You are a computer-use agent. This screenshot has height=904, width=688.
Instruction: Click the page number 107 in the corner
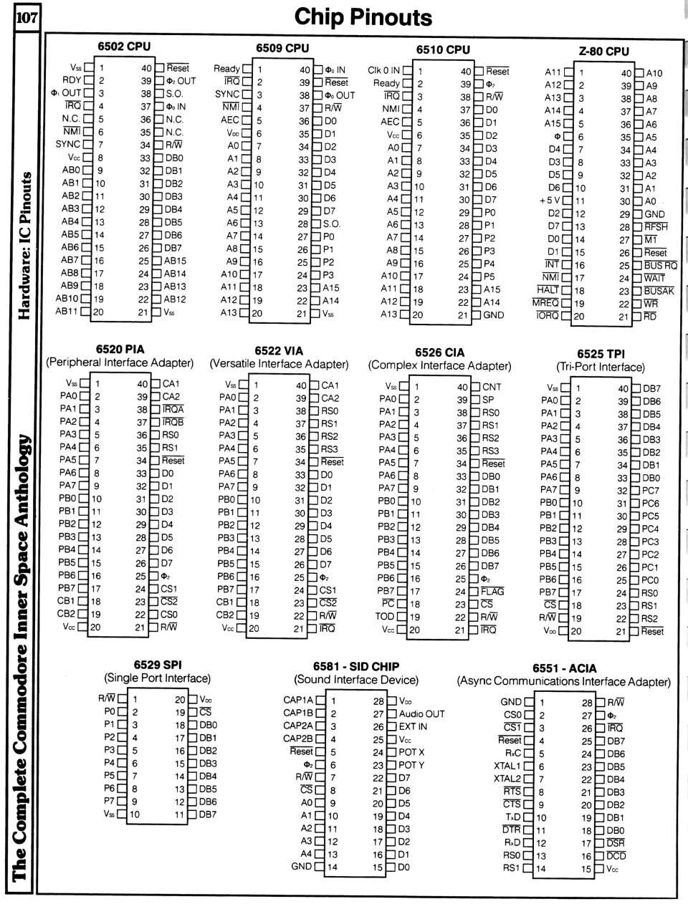coord(25,17)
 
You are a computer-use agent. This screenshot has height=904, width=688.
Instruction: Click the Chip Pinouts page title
coord(363,17)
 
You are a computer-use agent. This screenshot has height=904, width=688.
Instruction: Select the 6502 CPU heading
coord(124,47)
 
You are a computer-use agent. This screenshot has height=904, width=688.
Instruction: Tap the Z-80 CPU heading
coord(603,51)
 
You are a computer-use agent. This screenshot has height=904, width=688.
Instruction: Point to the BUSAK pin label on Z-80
coord(659,292)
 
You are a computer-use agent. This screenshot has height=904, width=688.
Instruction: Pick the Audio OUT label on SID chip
coord(421,713)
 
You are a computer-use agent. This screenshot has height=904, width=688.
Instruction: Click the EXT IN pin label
coord(413,726)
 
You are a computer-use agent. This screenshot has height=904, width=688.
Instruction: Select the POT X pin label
coord(411,752)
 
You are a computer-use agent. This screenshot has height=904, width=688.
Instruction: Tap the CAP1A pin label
coord(298,701)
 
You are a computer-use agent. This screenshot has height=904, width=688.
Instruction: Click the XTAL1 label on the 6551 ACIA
coord(507,766)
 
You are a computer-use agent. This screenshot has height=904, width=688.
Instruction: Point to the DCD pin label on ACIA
coord(616,856)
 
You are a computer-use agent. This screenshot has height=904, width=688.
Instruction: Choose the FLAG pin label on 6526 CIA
coord(492,592)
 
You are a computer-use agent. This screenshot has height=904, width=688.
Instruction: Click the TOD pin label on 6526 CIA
coord(385,617)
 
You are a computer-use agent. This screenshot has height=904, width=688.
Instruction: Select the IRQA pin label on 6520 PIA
coord(173,410)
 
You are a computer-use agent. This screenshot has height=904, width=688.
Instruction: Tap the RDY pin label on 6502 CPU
coord(72,80)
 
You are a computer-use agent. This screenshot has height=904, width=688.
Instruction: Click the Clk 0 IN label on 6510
coord(383,70)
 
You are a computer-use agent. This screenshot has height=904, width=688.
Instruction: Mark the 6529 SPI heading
coord(157,665)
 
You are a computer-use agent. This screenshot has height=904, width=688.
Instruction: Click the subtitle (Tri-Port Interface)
coord(601,367)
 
